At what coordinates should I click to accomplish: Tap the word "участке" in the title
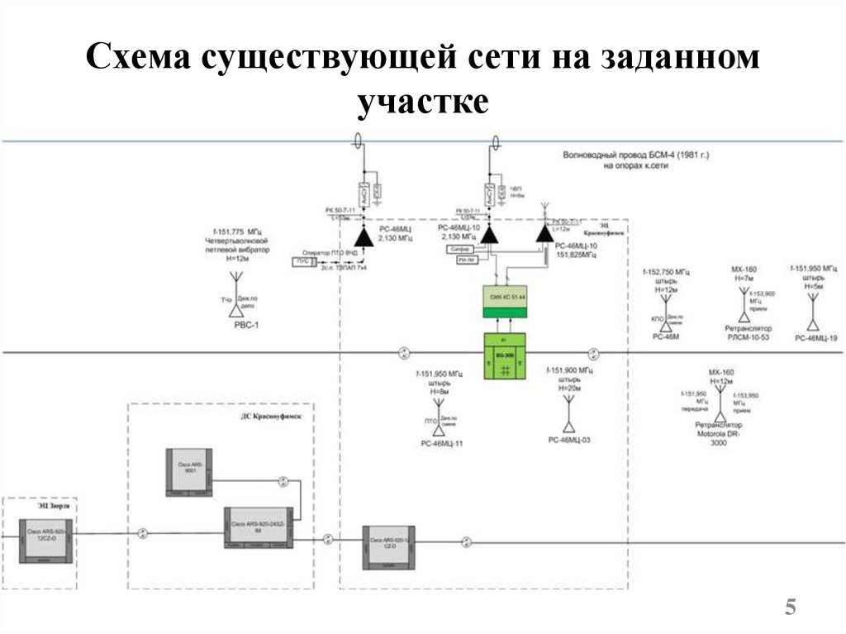423,104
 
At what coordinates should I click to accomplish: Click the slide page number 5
791,608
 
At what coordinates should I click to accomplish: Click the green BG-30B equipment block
504,355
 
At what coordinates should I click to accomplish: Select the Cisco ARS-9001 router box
188,472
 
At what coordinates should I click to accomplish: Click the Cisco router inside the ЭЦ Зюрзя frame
46,536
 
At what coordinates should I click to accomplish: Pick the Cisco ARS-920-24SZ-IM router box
259,527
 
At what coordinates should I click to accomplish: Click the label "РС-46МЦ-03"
569,441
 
